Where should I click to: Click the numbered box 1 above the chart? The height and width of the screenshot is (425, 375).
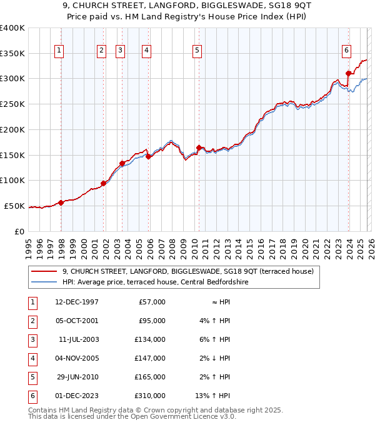coord(59,51)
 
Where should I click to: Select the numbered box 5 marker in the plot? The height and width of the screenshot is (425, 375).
coord(197,51)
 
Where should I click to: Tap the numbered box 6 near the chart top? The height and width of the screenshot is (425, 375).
coord(346,51)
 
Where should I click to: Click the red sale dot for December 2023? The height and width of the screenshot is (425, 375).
coord(348,74)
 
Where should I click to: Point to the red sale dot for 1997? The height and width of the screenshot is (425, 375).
coord(61,202)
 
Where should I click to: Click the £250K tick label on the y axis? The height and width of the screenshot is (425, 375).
coord(12,104)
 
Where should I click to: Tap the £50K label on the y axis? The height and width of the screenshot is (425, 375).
coord(14,206)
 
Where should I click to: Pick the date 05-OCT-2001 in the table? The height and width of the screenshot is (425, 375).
coord(76,321)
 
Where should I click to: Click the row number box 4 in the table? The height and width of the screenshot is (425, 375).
coord(31,358)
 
